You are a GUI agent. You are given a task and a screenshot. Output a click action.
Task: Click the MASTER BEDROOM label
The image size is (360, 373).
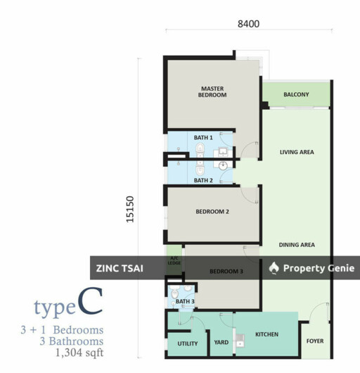tap(212, 91)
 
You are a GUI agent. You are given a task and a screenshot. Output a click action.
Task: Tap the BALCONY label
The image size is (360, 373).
tap(296, 94)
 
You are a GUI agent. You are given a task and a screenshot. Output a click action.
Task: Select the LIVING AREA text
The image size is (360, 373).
tap(297, 152)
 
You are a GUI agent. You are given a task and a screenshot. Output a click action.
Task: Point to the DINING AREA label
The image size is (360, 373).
tap(297, 245)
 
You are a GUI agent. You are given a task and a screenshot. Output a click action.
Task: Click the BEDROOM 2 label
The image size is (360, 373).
tap(212, 211)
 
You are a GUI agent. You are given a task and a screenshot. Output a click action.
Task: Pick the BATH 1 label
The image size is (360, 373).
tap(203, 138)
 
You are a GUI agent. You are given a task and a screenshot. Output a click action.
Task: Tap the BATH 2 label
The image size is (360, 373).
tap(203, 180)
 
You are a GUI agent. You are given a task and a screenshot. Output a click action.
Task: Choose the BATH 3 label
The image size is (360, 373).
tap(185, 302)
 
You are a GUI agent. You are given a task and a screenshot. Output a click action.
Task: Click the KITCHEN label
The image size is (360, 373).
tap(266, 334)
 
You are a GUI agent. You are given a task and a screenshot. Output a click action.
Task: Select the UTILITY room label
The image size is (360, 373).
tap(188, 344)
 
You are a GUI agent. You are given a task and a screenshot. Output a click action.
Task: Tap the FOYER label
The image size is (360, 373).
tap(315, 341)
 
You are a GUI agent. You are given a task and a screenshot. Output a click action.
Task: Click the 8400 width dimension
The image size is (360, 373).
tap(249, 23)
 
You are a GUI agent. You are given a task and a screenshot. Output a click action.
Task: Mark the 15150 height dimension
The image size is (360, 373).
tap(130, 209)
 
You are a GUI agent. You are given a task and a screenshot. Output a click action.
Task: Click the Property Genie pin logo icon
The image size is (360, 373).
tap(274, 268)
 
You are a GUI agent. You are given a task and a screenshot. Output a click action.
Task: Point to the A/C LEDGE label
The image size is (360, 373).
tap(173, 261)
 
